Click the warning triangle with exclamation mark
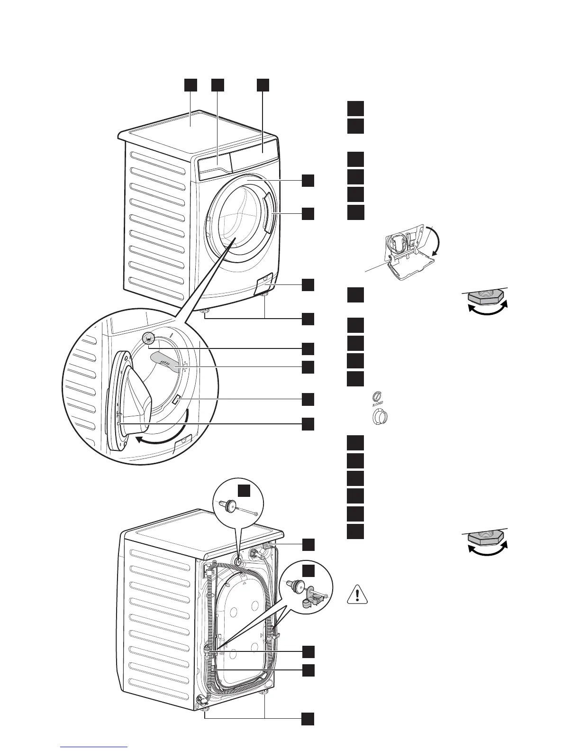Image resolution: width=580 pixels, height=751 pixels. [358, 594]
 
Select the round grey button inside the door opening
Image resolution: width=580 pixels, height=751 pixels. [149, 338]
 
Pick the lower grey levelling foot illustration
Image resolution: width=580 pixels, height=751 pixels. [486, 542]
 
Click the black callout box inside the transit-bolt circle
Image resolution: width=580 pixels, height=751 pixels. [244, 491]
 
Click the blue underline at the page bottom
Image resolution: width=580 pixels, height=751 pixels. [94, 746]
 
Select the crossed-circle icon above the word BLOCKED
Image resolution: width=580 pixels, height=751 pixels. [377, 395]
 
